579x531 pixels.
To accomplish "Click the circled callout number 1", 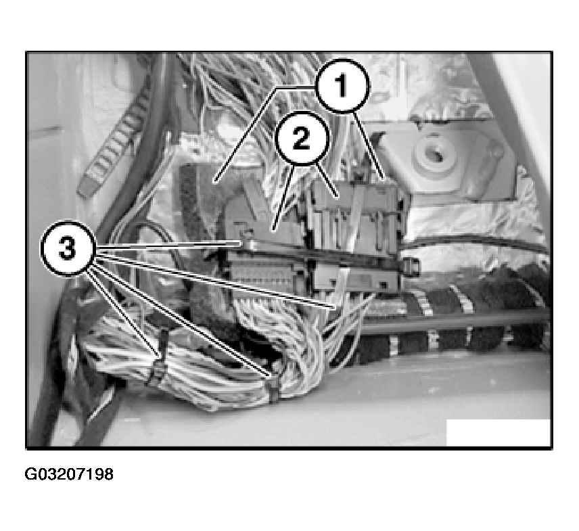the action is coord(343,85).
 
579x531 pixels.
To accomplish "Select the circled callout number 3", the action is coord(68,248).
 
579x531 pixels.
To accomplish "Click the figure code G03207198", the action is coord(69,474).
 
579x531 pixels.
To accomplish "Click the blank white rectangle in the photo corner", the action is coord(498,432).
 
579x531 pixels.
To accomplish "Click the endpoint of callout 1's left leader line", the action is coord(214,182).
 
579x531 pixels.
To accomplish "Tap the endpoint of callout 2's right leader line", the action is coord(338,196).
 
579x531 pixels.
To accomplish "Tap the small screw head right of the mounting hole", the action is coord(496,152).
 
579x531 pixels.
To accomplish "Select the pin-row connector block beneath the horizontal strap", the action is coord(267,273).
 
